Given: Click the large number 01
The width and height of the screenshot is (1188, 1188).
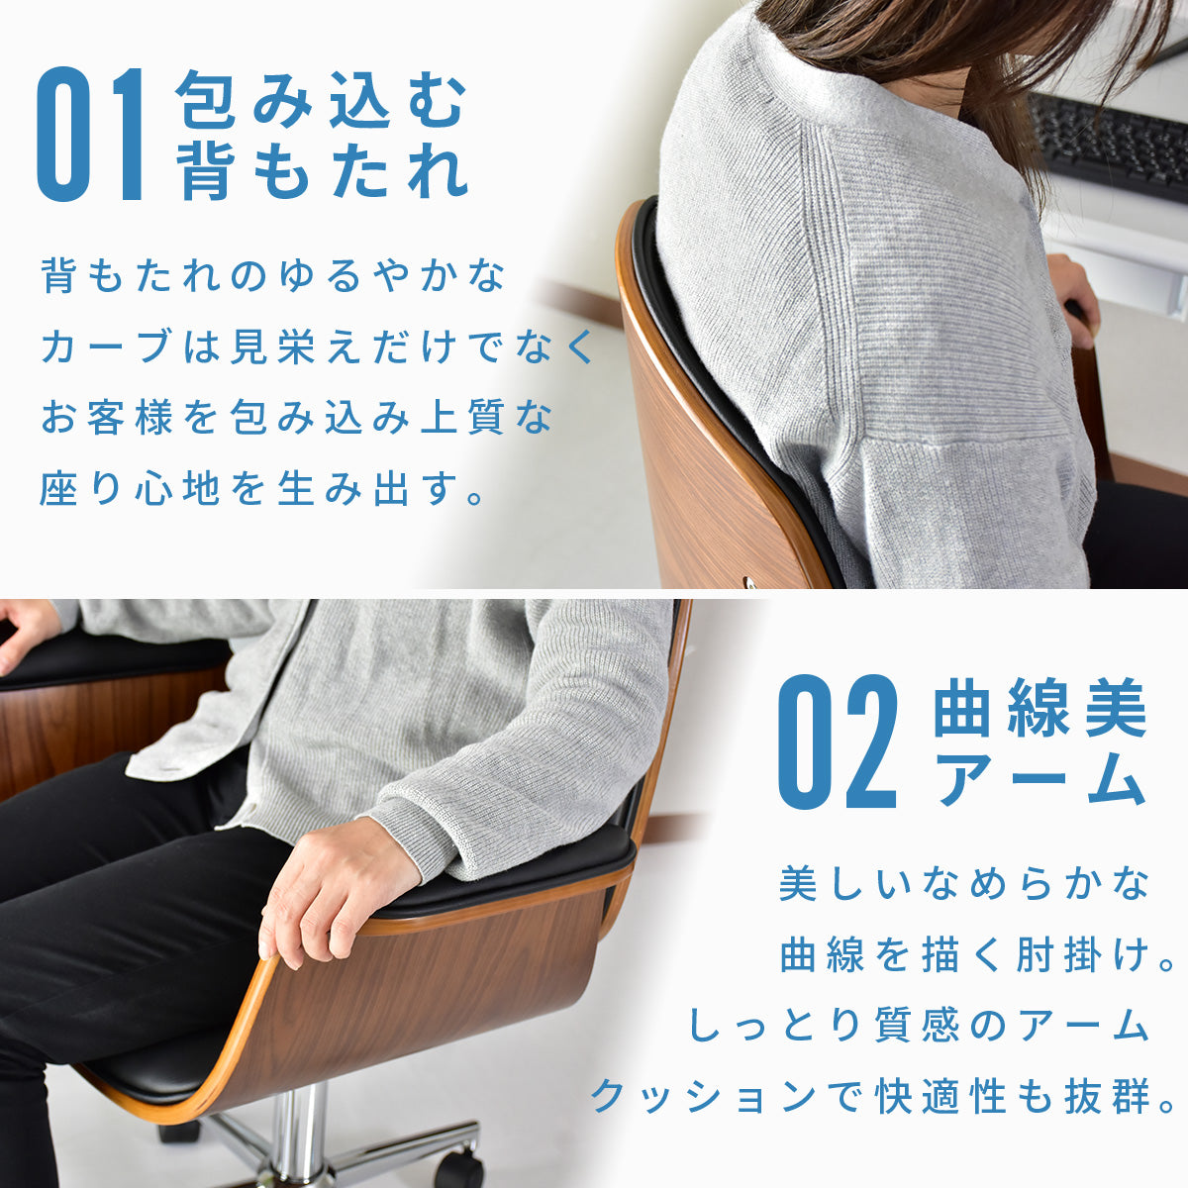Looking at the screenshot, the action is point(90,135).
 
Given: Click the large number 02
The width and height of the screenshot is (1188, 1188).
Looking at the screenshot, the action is point(836,742).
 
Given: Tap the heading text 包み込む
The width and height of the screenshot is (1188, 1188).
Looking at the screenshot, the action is point(320,100).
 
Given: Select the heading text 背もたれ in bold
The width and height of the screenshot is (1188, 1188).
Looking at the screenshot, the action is point(321,169).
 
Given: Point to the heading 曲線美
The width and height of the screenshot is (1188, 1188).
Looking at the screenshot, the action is point(1040,707).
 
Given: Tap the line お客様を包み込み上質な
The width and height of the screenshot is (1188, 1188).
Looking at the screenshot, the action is point(297,418).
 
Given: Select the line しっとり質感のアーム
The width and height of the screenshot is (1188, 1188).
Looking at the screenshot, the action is point(918,1026).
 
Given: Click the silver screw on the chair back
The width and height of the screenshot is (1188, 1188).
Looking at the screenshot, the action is point(750,581).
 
